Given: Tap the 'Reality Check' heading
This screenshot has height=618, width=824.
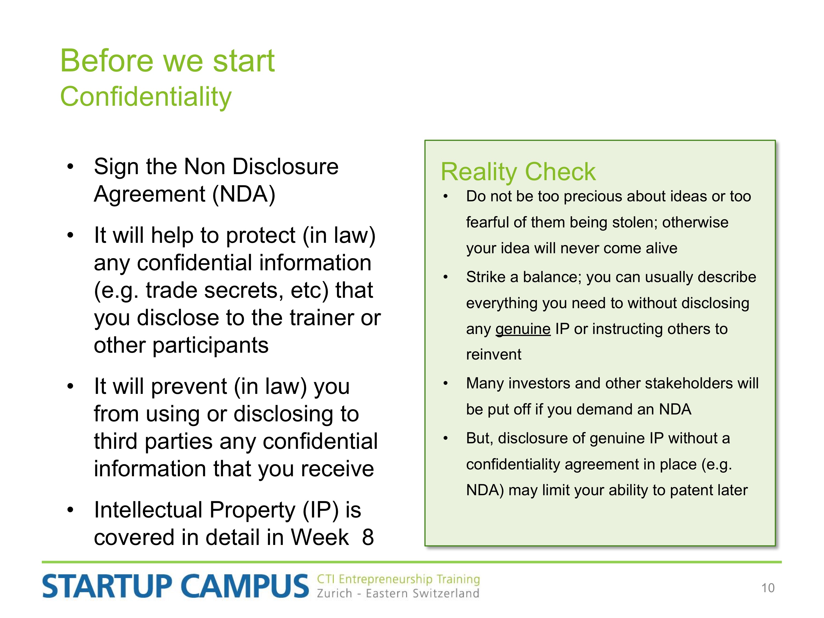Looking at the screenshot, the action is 518,172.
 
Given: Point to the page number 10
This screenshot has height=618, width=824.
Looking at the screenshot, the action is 768,588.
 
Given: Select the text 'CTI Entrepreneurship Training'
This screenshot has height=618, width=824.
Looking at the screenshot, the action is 398,579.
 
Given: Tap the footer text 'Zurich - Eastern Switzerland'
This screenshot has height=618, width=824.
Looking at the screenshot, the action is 398,593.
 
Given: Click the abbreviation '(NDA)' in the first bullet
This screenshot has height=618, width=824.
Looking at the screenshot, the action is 244,194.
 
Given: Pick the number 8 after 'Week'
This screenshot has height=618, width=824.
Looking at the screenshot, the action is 368,537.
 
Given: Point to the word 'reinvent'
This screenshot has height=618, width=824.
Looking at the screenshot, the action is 494,355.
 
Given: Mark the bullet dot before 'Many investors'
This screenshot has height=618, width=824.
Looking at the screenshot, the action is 446,384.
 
